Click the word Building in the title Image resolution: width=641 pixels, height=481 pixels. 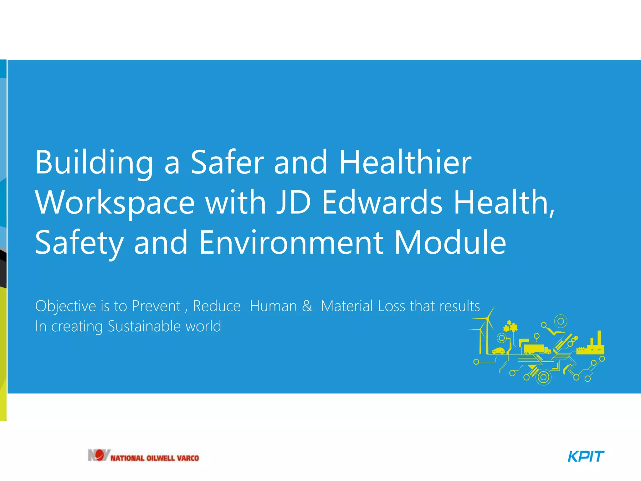(x=94, y=163)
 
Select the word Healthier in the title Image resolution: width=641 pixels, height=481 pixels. (x=405, y=163)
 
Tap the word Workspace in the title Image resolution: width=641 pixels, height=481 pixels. (x=115, y=203)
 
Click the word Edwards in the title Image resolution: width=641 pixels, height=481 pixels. (x=382, y=203)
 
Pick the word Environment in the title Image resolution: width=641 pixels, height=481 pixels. (x=291, y=242)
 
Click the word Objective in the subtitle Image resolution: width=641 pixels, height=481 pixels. (x=66, y=306)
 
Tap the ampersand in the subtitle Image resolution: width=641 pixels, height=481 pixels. (x=307, y=306)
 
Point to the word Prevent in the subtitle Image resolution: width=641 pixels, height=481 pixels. (x=156, y=306)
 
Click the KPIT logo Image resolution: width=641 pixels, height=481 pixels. (x=586, y=456)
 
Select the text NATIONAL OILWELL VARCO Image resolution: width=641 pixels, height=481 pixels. (x=155, y=458)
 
